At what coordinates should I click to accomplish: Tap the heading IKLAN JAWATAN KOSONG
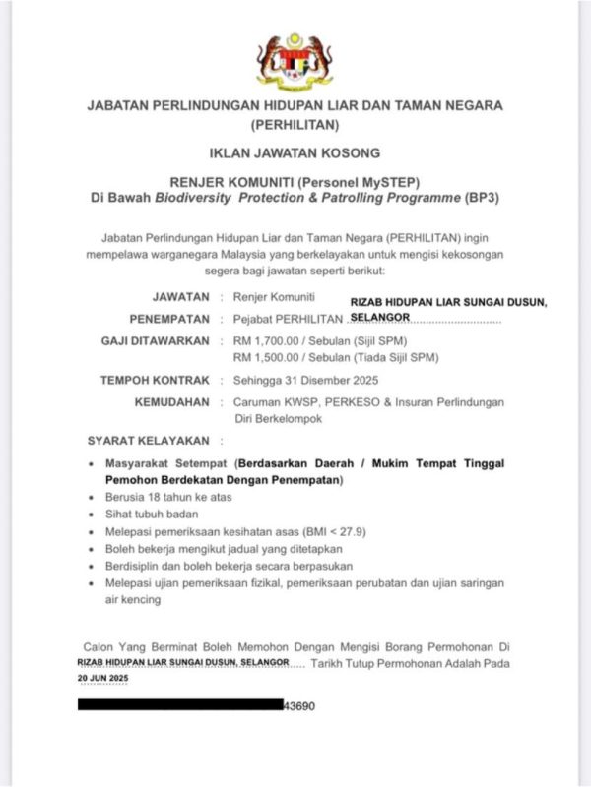point(295,153)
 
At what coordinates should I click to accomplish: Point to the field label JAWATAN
point(181,296)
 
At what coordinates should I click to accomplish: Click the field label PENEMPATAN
point(169,319)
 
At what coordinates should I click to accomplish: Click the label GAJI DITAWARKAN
point(156,340)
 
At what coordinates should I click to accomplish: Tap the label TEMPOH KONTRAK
point(155,381)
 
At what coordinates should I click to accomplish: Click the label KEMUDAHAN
point(172,402)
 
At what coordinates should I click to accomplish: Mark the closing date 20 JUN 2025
point(102,680)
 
